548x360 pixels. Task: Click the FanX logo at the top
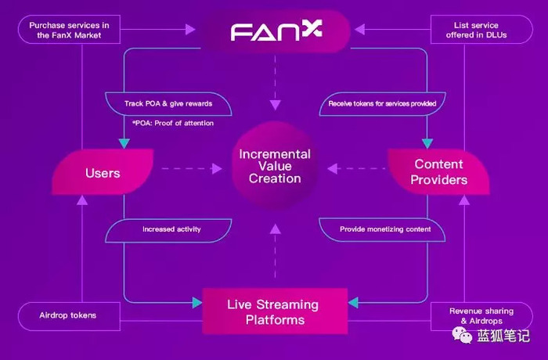(x=276, y=30)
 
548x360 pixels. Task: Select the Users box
(x=103, y=171)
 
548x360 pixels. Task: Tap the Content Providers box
(x=438, y=171)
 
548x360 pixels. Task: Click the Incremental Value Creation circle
(x=275, y=166)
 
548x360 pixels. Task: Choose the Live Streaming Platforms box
(x=275, y=311)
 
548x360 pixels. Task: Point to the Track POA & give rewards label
(x=168, y=104)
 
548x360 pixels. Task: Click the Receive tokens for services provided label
(x=382, y=104)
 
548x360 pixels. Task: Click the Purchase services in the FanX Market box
(x=69, y=30)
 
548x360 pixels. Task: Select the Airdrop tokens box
(x=69, y=316)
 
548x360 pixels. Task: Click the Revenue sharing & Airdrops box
(x=481, y=316)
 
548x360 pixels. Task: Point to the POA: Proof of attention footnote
(x=173, y=123)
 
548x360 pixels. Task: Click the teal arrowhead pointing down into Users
(x=124, y=143)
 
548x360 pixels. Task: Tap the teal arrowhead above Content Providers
(x=427, y=143)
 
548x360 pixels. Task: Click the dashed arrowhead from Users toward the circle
(x=217, y=169)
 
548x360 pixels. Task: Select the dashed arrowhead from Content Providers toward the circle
(x=333, y=169)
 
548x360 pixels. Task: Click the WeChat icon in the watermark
(x=462, y=335)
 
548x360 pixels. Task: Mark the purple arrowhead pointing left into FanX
(x=359, y=30)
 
